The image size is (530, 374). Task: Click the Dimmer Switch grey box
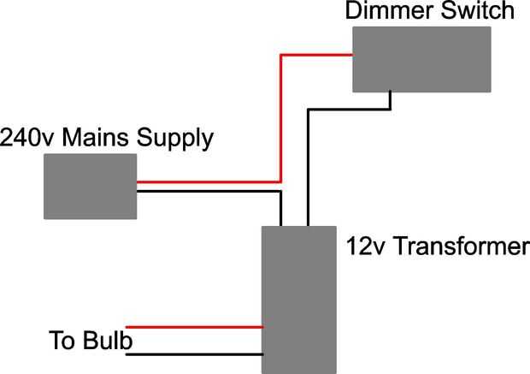[x=421, y=59]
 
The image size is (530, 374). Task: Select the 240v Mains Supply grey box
[x=91, y=187]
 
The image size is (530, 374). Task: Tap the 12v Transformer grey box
[x=299, y=300]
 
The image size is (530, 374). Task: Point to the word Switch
[x=478, y=11]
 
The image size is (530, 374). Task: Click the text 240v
[x=26, y=138]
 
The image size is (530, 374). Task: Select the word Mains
[x=96, y=138]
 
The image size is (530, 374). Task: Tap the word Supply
[x=174, y=140]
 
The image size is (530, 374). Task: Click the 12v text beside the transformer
[x=365, y=246]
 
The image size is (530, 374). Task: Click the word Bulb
[x=108, y=340]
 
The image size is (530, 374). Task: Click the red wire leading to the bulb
[x=194, y=327]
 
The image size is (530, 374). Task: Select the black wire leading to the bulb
[x=194, y=354]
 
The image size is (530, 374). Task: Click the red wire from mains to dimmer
[x=280, y=118]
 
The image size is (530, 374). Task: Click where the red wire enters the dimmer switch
[x=352, y=55]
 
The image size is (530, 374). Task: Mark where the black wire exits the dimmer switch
[x=391, y=92]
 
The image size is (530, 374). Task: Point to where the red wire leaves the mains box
[x=137, y=182]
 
